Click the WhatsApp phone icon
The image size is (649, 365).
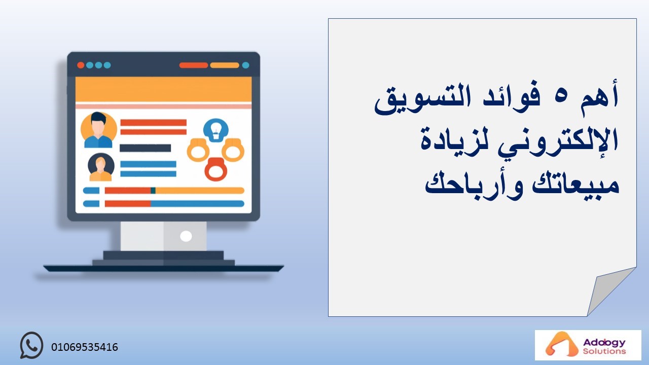[x=31, y=345]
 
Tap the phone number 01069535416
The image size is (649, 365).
[x=85, y=347]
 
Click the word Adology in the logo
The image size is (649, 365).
[x=604, y=343]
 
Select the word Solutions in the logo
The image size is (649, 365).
[x=604, y=351]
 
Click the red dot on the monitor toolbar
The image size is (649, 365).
[x=81, y=65]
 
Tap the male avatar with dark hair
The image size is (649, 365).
[x=98, y=130]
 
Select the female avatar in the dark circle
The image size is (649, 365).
[x=101, y=167]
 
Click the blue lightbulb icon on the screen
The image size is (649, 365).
[x=216, y=130]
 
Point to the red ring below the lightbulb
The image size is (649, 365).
[x=216, y=169]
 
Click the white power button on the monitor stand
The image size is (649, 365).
[x=186, y=236]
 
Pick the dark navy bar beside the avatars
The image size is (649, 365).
[x=145, y=148]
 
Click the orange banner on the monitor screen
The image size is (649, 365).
[x=163, y=89]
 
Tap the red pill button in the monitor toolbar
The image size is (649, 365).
[x=194, y=65]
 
